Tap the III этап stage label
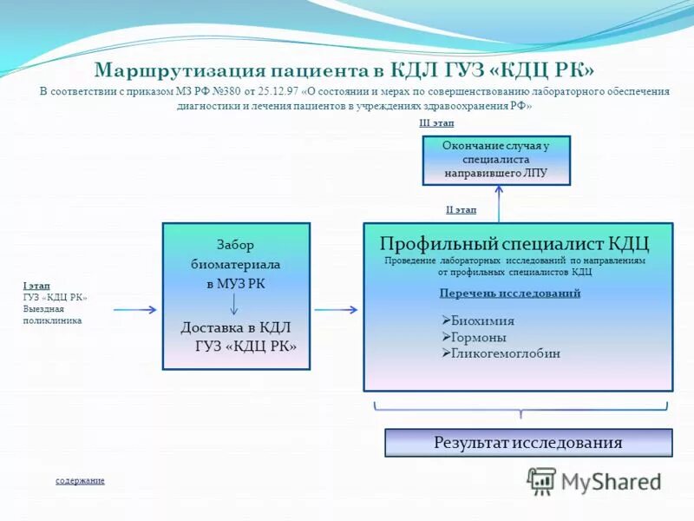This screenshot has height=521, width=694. [x=436, y=124]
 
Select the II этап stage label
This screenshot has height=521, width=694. [x=461, y=209]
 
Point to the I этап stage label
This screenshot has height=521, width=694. [x=36, y=285]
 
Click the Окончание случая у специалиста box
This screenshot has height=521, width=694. [x=496, y=160]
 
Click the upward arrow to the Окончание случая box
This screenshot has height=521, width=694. [x=499, y=204]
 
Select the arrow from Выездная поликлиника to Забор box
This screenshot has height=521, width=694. [x=134, y=309]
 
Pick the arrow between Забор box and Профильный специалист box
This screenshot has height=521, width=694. [x=336, y=309]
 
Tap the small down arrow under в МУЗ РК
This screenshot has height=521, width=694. [x=234, y=304]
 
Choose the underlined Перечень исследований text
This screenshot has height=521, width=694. [x=509, y=293]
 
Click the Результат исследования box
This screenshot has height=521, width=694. [x=527, y=443]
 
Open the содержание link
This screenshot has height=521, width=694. [x=80, y=480]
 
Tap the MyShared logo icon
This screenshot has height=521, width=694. [x=541, y=480]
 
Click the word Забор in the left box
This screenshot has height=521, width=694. [x=235, y=245]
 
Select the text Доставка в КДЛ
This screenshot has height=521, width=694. [x=235, y=327]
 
